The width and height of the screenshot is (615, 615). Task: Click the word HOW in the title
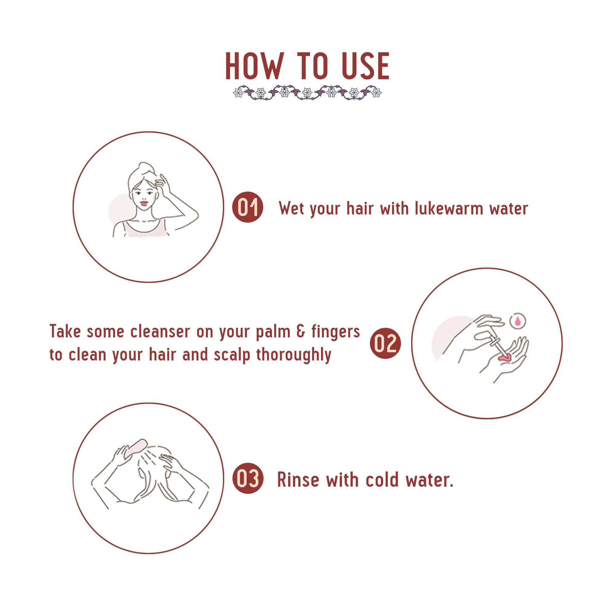(x=254, y=66)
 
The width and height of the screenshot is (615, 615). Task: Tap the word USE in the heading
(x=365, y=66)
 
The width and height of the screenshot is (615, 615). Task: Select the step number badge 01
(x=248, y=207)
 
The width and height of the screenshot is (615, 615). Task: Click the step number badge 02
(x=385, y=343)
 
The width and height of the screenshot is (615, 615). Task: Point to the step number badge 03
(x=248, y=478)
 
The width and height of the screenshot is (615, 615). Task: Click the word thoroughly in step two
(x=293, y=355)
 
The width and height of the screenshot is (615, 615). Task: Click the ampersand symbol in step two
(x=301, y=331)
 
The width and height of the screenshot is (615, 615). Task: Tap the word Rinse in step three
(x=298, y=480)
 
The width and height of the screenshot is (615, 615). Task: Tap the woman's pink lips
(x=144, y=203)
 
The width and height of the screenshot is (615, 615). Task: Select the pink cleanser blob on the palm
(x=505, y=358)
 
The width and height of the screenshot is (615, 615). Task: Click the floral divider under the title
(x=307, y=93)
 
